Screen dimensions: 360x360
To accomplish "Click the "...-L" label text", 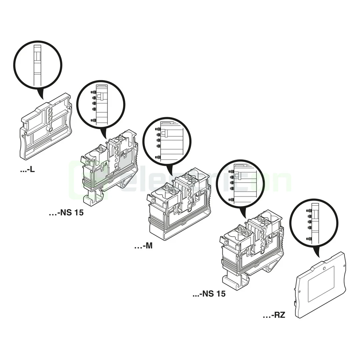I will [x=27, y=170].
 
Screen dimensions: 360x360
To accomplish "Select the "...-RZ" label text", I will [x=274, y=315].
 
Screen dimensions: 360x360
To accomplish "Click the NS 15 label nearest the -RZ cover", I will [x=209, y=294].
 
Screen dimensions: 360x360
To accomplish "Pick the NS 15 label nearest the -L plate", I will [x=66, y=212].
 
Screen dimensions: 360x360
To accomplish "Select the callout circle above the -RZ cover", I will [x=313, y=223].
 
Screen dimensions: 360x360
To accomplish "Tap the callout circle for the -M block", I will [x=167, y=141].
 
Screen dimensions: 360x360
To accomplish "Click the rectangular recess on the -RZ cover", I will [x=320, y=283].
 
